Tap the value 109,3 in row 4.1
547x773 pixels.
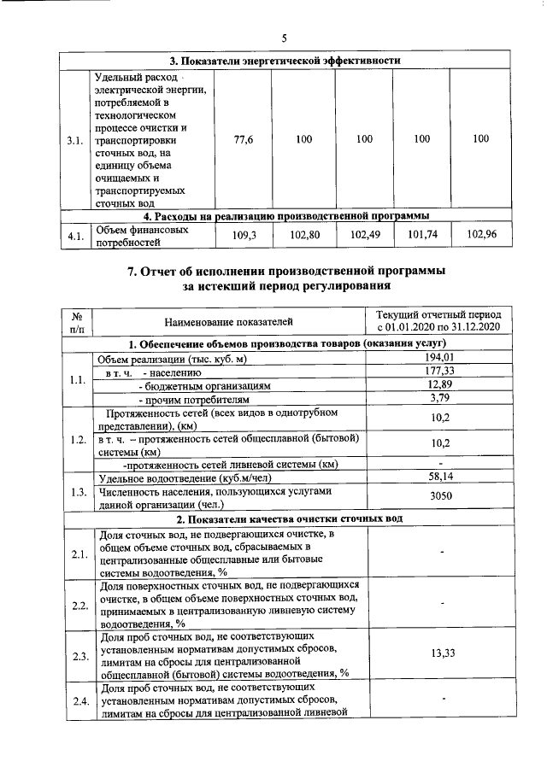pyautogui.click(x=244, y=235)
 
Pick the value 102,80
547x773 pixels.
pyautogui.click(x=303, y=235)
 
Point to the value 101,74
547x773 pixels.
pyautogui.click(x=421, y=235)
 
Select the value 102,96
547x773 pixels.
pyautogui.click(x=480, y=235)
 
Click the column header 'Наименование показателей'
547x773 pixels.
pyautogui.click(x=228, y=321)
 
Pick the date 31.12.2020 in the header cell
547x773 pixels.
pyautogui.click(x=474, y=328)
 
